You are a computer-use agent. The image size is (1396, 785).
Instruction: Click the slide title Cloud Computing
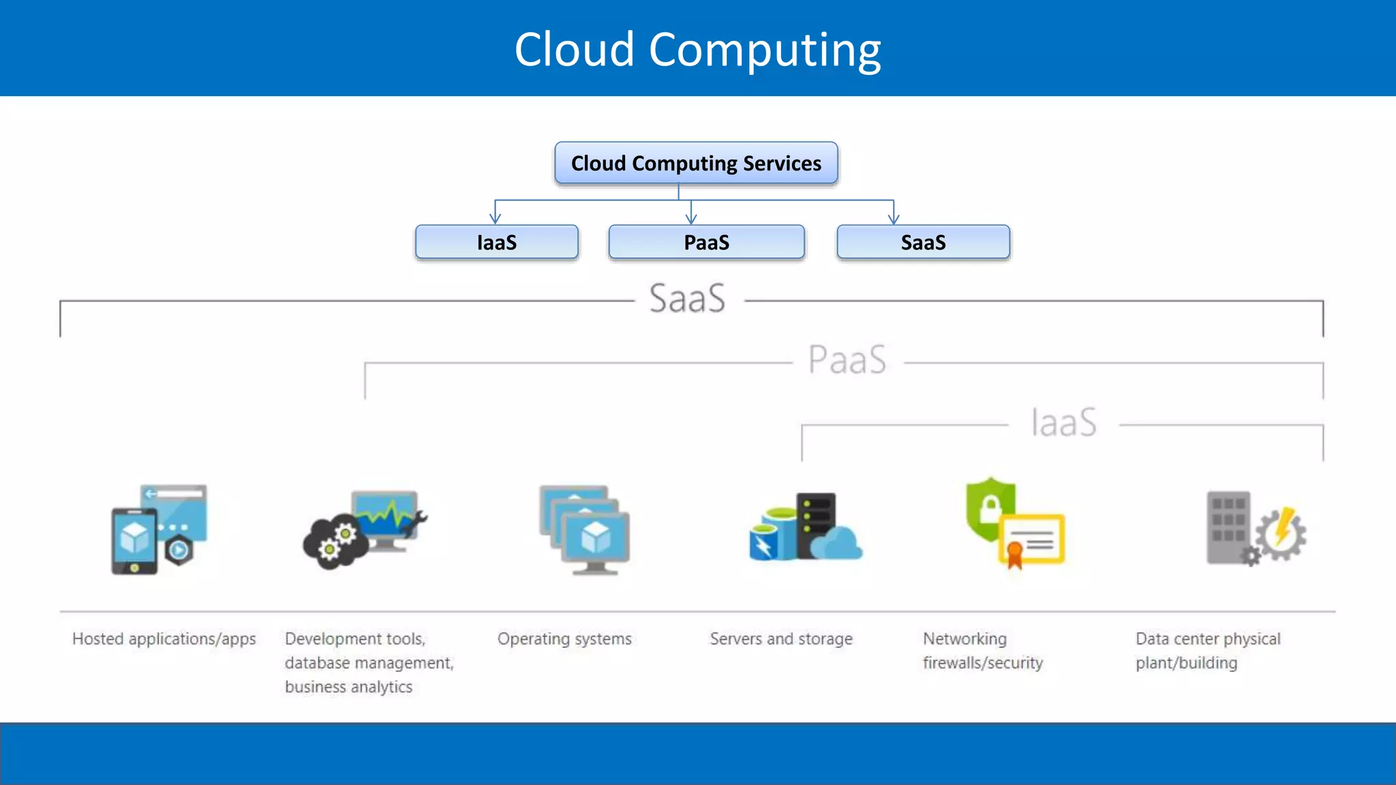coord(697,50)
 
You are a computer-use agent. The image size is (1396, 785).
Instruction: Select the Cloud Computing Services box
coord(696,164)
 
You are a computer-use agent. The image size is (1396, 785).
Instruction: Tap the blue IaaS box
coord(496,243)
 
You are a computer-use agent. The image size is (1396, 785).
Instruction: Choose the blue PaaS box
coord(706,243)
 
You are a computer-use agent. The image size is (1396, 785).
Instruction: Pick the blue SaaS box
coord(923,243)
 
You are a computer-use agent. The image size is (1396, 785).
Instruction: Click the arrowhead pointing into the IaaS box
coord(496,218)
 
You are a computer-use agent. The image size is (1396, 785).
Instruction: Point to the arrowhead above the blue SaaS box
coord(894,218)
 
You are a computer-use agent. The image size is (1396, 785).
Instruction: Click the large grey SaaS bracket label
coord(687,299)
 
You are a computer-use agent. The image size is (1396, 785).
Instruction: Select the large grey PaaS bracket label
coord(847,360)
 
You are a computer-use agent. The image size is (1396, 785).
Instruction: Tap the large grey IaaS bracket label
coord(1063,422)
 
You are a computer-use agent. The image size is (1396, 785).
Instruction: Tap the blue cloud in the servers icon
coord(837,544)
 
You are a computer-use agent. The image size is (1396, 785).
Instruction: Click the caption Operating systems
coord(564,639)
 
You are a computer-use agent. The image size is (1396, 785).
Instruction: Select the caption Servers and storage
coord(781,639)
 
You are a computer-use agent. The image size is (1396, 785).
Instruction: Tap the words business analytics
coord(348,687)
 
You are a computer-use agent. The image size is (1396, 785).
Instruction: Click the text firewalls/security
coord(983,663)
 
